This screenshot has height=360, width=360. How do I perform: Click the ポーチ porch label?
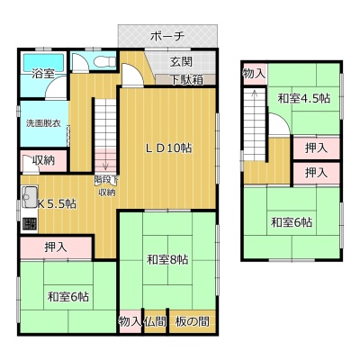coord(167,36)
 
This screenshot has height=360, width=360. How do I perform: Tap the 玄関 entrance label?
coord(181,62)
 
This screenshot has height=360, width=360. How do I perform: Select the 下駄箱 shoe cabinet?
coord(185,79)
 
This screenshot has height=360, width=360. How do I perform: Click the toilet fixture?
coord(104,62)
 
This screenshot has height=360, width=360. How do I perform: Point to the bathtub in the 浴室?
coord(43,62)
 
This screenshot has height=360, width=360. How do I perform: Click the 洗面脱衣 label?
coord(43,123)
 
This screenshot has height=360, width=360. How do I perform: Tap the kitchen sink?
coord(30,197)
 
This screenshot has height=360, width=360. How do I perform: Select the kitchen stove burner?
coord(30,224)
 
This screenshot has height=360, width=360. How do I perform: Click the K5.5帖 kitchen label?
coord(56,204)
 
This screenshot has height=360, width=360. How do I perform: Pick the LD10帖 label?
coord(168,148)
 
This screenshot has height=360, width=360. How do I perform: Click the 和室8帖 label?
coord(167,259)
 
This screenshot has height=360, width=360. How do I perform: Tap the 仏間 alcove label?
coord(155,322)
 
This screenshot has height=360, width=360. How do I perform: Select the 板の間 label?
coord(192,322)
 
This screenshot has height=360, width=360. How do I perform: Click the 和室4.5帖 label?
coord(303,98)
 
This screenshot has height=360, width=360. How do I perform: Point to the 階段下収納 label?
coord(107,186)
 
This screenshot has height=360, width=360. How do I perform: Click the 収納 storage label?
coord(44,160)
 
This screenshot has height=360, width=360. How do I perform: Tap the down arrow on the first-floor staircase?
coord(105,164)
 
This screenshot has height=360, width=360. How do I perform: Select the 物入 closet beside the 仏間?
coord(130,322)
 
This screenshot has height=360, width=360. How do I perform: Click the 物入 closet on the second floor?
coord(255,74)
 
